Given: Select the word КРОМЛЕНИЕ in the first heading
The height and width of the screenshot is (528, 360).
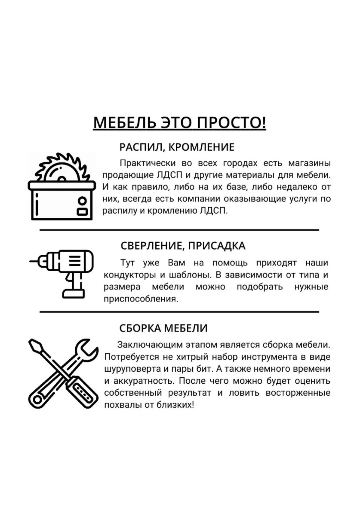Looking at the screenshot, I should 201,147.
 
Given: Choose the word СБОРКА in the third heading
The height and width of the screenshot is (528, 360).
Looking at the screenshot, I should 137,328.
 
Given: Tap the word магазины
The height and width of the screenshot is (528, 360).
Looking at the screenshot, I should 309,163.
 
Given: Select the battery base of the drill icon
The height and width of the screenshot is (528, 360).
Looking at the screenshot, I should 74,293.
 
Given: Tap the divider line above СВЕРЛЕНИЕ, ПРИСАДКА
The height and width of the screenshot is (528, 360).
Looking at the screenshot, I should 179,230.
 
